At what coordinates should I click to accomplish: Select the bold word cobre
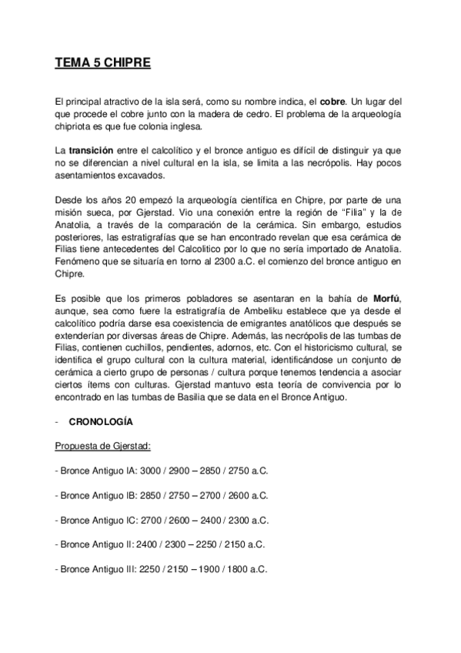point(332,101)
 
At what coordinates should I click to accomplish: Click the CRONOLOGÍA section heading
point(100,422)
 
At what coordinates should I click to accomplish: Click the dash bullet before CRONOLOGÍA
point(57,422)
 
